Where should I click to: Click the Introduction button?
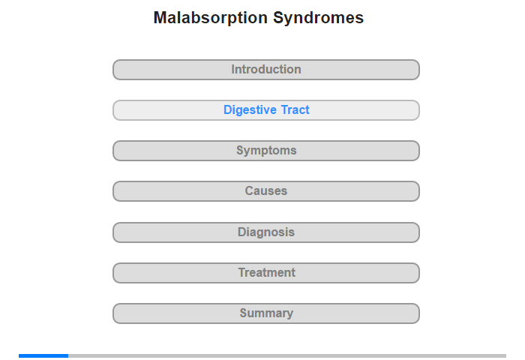pos(266,70)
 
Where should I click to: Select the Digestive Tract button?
pos(266,110)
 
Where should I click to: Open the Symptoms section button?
pos(266,151)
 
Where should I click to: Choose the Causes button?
pos(266,191)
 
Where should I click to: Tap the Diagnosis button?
pos(266,232)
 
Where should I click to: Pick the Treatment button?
pos(266,273)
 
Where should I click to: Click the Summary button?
pos(266,313)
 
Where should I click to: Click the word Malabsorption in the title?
pos(211,18)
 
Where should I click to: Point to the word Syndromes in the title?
pos(319,19)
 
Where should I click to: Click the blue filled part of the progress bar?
pos(43,355)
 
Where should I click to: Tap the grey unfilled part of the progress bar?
pos(287,355)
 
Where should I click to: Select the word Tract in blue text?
pos(295,109)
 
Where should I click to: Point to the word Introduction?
pos(266,69)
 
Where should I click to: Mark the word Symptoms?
pos(266,151)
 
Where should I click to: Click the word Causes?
pos(266,191)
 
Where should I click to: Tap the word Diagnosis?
pos(266,232)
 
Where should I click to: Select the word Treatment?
pos(267,272)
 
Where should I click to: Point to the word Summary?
pos(266,313)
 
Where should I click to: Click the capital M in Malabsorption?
pos(160,18)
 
